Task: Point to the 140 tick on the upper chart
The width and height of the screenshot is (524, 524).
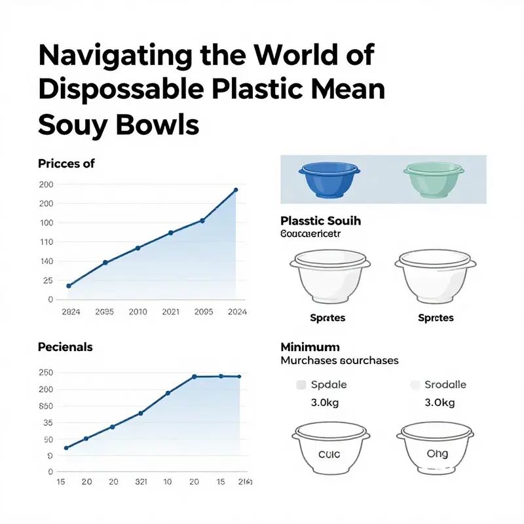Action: [x=46, y=261]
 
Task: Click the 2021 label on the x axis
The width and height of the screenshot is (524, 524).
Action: [x=170, y=312]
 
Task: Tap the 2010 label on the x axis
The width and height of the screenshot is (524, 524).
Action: [x=138, y=312]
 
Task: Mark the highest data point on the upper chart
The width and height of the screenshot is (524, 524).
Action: [x=236, y=191]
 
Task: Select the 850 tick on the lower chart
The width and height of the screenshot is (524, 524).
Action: [x=45, y=406]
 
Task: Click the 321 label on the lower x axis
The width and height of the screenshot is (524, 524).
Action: [x=140, y=481]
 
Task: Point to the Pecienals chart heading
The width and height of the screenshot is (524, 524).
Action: [x=65, y=346]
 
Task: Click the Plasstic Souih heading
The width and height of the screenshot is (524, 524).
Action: [x=320, y=221]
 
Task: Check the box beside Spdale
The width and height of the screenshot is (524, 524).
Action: [x=301, y=385]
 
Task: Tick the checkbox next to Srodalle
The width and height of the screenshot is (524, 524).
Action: [x=415, y=385]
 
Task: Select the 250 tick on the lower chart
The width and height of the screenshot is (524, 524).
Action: [x=45, y=373]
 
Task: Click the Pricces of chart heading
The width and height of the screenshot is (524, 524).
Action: [x=66, y=163]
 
